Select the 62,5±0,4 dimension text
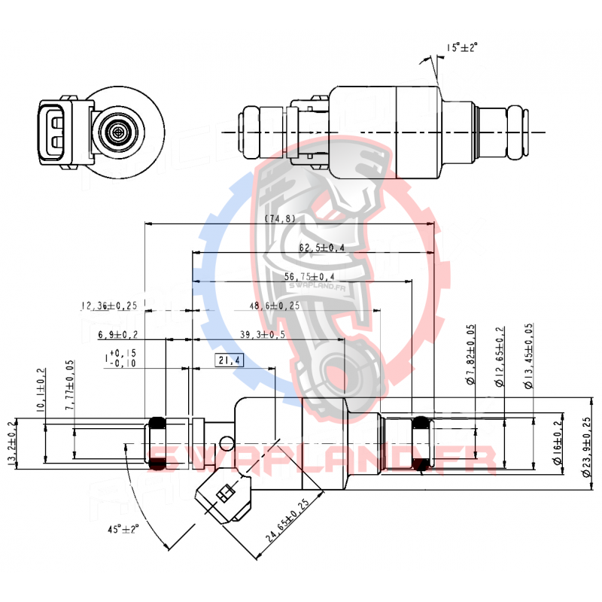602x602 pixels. pyautogui.click(x=321, y=247)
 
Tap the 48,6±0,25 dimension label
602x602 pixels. pyautogui.click(x=274, y=306)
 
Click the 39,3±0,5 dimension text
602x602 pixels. pyautogui.click(x=262, y=334)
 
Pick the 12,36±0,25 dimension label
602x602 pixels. pyautogui.click(x=109, y=306)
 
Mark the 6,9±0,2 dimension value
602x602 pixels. pyautogui.click(x=117, y=334)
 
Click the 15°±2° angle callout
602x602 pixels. pyautogui.click(x=462, y=47)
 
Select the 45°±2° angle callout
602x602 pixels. pyautogui.click(x=123, y=529)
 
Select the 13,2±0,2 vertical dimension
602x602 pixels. pyautogui.click(x=11, y=443)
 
